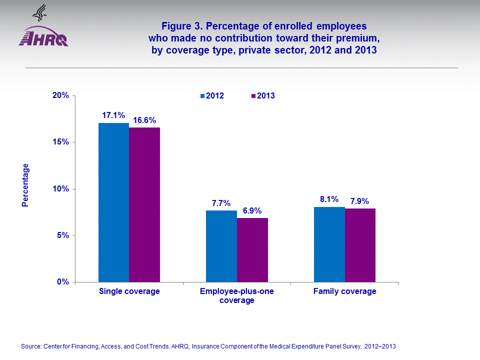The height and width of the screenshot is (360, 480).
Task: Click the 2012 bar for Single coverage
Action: tap(113, 202)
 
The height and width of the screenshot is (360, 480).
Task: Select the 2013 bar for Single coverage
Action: tap(144, 205)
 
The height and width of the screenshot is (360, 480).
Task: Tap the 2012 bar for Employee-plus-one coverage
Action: tap(221, 246)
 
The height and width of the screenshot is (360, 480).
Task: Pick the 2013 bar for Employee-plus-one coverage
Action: tap(252, 250)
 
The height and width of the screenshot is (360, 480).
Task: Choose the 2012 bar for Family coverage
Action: tap(329, 244)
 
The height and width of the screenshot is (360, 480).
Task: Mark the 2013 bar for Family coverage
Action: tap(360, 245)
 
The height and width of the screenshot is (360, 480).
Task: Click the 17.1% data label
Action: tap(113, 115)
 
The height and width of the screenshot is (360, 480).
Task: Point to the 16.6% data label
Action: tap(144, 120)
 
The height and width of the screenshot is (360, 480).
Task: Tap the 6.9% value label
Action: tap(252, 210)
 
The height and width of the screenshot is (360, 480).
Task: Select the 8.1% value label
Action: tap(329, 199)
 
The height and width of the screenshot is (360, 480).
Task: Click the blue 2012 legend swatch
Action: tap(202, 96)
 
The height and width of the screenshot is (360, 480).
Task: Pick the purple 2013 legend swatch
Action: tap(253, 96)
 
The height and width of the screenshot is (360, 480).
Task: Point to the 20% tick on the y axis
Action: tap(61, 95)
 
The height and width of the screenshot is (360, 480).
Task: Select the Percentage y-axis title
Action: tap(25, 185)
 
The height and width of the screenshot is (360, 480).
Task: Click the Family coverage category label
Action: tap(344, 291)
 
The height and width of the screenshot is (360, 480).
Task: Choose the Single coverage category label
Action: tap(129, 291)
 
